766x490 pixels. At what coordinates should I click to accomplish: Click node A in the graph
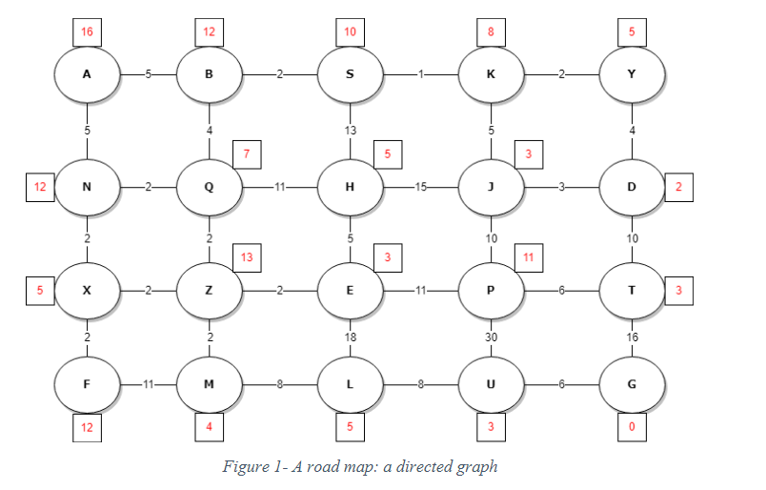click(87, 73)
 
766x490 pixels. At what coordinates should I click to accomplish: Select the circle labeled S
click(350, 73)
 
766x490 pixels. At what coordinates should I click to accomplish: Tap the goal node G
click(631, 383)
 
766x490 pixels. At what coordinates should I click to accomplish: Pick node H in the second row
click(350, 186)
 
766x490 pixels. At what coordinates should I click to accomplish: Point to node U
click(491, 383)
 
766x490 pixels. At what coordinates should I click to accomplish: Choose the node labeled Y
click(631, 73)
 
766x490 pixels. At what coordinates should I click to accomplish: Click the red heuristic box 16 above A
click(87, 31)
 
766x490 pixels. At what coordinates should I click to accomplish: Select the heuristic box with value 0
click(631, 426)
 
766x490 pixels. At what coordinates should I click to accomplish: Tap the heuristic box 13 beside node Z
click(248, 256)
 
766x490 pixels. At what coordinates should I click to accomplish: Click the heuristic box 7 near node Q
click(248, 153)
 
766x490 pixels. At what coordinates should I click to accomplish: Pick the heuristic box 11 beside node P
click(529, 256)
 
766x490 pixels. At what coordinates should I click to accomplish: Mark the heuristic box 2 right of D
click(678, 187)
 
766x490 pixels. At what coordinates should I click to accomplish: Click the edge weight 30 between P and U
click(491, 337)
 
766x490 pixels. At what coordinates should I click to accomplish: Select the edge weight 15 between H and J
click(419, 187)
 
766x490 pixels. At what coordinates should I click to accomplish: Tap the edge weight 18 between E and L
click(350, 337)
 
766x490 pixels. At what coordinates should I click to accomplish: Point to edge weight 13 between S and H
click(350, 130)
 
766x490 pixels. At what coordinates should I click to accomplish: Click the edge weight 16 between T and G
click(631, 337)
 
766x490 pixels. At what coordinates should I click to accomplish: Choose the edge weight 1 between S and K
click(419, 73)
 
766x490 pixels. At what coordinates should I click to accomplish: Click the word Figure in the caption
click(245, 466)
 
